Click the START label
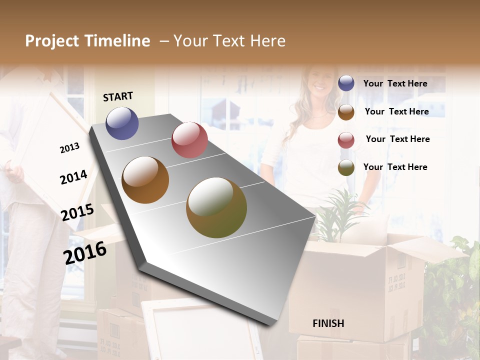(x=118, y=96)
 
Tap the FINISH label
(x=328, y=323)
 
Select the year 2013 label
(x=70, y=148)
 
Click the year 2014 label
(x=73, y=177)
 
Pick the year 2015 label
(x=77, y=212)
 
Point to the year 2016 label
(x=85, y=252)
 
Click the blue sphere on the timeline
(x=122, y=123)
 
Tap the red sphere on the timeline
(x=189, y=140)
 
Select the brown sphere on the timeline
(x=145, y=180)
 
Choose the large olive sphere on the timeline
(x=216, y=207)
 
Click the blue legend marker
(x=346, y=83)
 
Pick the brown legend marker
(x=346, y=112)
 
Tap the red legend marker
(x=346, y=140)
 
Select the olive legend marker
(x=346, y=167)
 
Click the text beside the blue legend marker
(x=395, y=83)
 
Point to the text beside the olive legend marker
(x=395, y=167)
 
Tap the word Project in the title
(x=52, y=41)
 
